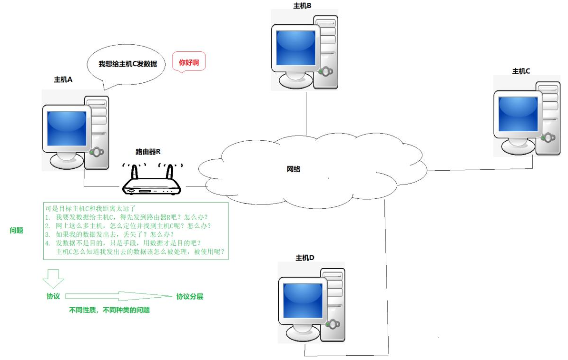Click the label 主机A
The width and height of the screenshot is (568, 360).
[63, 80]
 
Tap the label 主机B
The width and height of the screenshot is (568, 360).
[303, 6]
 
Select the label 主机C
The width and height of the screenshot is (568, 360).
[521, 71]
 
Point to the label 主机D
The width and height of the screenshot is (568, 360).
[305, 258]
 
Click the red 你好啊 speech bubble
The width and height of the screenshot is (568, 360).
[188, 62]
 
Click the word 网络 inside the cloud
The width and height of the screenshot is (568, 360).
[294, 169]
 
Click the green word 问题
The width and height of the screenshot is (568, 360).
[17, 231]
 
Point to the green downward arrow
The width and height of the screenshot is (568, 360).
[53, 277]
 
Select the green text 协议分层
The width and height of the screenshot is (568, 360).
[190, 297]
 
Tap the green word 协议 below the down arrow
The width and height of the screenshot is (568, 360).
[53, 296]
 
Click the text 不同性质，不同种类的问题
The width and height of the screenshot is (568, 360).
[109, 310]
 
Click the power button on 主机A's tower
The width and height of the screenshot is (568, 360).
[97, 152]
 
